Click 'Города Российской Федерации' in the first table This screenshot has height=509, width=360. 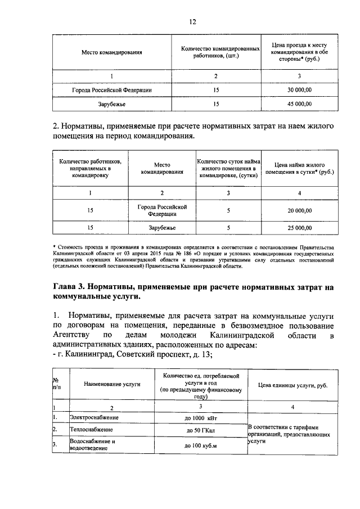coord(111,89)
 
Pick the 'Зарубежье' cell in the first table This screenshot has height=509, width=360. coord(111,104)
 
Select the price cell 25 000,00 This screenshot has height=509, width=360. coord(300,228)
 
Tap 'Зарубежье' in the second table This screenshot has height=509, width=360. coord(162,228)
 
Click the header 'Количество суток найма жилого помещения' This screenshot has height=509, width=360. coord(228,168)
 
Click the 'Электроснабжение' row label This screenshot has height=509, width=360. coord(93,418)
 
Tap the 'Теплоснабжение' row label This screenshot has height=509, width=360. coord(89,430)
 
